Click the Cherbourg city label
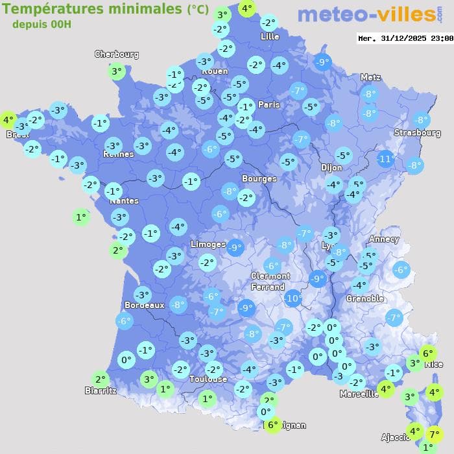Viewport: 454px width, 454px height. (117, 54)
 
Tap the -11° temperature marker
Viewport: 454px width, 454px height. (386, 159)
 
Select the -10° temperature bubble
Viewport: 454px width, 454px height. (293, 298)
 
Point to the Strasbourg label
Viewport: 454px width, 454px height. (417, 133)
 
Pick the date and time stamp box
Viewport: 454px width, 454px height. (405, 38)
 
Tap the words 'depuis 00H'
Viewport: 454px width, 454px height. (42, 25)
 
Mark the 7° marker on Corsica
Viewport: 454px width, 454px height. (434, 435)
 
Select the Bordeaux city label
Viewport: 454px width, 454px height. (144, 305)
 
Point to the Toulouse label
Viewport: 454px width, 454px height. (208, 379)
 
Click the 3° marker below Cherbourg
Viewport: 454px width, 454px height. (117, 71)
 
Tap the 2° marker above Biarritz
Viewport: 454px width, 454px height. (99, 380)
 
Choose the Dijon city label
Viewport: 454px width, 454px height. (331, 167)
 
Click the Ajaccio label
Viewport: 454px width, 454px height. (394, 438)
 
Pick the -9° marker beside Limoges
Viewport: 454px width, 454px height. (235, 246)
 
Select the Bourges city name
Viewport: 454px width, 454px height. (259, 178)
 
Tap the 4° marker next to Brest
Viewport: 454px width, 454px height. (8, 120)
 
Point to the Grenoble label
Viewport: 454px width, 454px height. (364, 299)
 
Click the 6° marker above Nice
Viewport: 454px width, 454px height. (427, 353)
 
